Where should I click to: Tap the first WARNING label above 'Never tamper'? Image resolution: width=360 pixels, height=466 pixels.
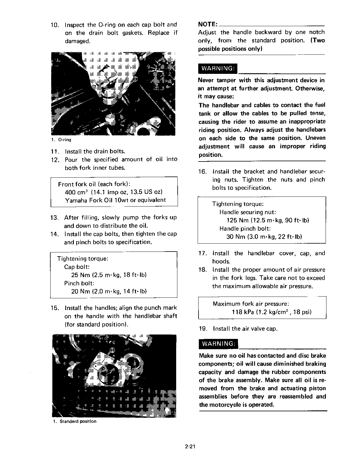click(x=217, y=69)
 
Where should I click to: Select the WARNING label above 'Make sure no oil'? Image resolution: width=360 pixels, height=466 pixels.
click(x=218, y=344)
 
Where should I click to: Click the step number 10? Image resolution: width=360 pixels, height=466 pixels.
click(x=55, y=25)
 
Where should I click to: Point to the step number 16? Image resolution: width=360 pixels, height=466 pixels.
click(x=203, y=172)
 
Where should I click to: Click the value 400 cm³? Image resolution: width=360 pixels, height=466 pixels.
click(x=76, y=192)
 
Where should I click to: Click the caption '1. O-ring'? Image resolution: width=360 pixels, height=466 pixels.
click(x=61, y=140)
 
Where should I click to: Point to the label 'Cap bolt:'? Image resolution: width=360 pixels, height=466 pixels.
click(x=77, y=267)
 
